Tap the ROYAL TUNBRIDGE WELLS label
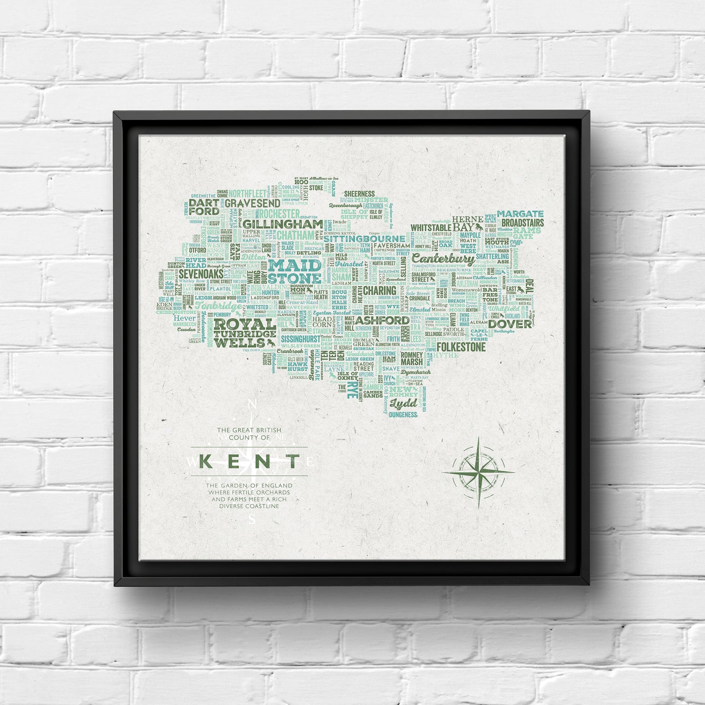[245, 333]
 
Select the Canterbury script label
[443, 259]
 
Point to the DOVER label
[510, 323]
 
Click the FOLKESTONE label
[461, 347]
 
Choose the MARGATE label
[520, 214]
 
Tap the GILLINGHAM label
[282, 224]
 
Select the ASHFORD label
[382, 320]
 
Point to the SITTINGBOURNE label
[364, 239]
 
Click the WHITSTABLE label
[431, 227]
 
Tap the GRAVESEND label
[252, 202]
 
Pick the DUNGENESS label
[403, 415]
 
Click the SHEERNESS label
[359, 194]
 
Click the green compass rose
[479, 472]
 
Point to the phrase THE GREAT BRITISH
[249, 430]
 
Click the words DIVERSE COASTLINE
[249, 506]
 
